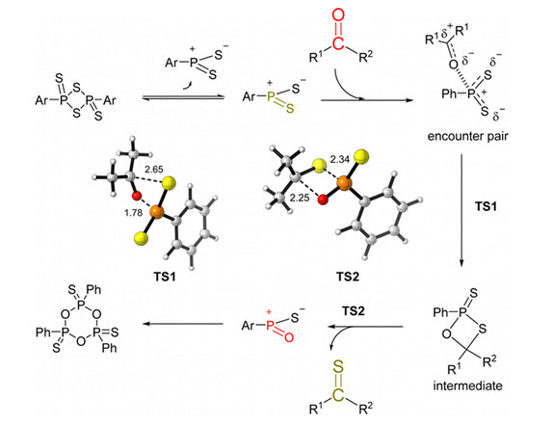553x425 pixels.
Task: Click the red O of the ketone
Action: (x=338, y=15)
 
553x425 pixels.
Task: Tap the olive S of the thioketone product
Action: (x=338, y=367)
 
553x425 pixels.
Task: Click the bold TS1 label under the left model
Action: (x=165, y=277)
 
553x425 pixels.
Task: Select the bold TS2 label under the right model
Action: (x=348, y=277)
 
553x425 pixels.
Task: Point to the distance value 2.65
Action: (x=154, y=170)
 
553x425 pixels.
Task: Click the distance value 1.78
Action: (x=133, y=213)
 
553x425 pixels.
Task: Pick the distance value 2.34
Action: (x=340, y=160)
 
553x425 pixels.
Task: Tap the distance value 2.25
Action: (x=300, y=198)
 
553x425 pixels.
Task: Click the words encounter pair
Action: (x=467, y=136)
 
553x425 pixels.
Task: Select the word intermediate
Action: (x=467, y=385)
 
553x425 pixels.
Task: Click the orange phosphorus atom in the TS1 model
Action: (x=157, y=212)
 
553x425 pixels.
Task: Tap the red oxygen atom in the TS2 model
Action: (x=323, y=200)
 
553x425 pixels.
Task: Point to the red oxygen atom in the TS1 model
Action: (x=137, y=196)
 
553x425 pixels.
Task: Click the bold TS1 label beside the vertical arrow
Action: (x=486, y=206)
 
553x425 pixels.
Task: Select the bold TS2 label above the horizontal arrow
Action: (x=353, y=311)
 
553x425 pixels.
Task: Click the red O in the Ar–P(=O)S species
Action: (x=289, y=337)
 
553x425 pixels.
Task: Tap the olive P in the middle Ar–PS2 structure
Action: (x=271, y=96)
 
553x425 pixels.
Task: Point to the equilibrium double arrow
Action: (x=183, y=97)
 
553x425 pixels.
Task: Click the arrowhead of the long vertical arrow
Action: (x=461, y=264)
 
